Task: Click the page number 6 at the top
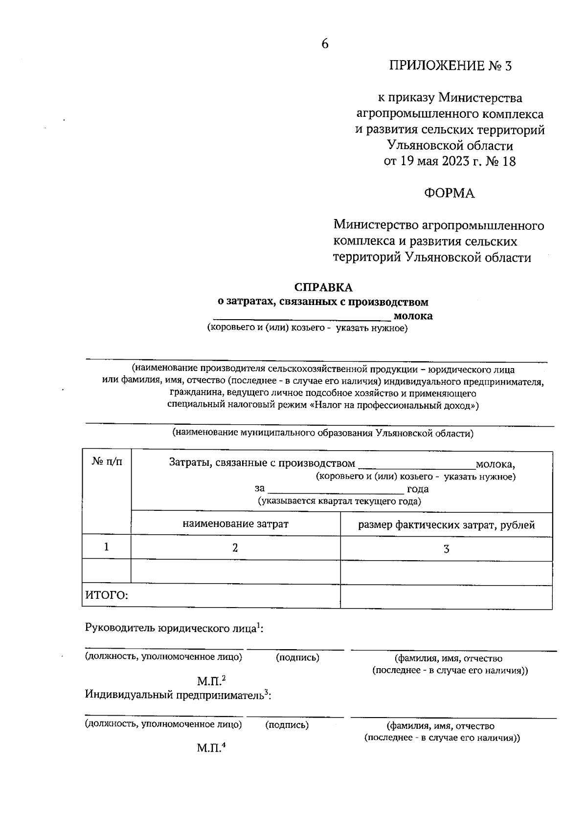click(x=325, y=44)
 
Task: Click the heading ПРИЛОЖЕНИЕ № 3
click(x=450, y=66)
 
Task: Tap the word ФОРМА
click(x=449, y=194)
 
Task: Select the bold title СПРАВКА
click(x=323, y=287)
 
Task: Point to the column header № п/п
click(x=107, y=462)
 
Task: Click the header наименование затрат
click(x=235, y=524)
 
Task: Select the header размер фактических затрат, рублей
click(x=446, y=525)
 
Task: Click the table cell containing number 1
click(x=106, y=547)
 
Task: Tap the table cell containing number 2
click(x=235, y=548)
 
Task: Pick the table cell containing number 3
click(x=446, y=549)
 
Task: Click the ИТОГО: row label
click(x=107, y=595)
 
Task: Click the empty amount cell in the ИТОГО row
click(x=446, y=596)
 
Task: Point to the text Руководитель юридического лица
click(x=171, y=629)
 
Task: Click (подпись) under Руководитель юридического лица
click(x=297, y=657)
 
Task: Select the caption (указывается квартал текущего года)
click(x=339, y=501)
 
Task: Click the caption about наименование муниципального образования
click(x=322, y=433)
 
